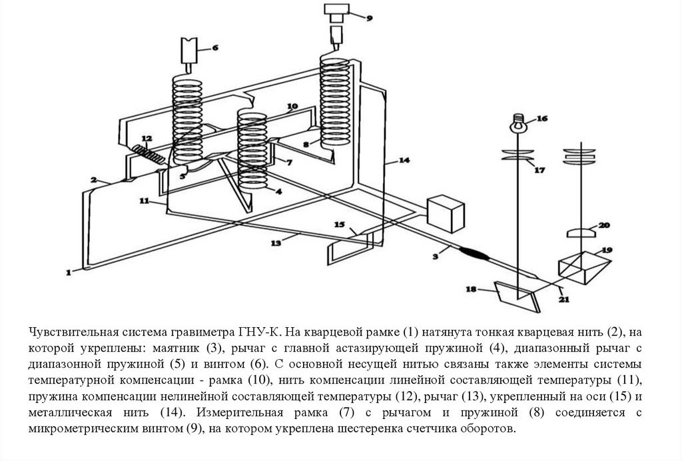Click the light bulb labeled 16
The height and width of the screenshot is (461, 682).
[x=517, y=122]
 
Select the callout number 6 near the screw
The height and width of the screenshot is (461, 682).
[x=214, y=47]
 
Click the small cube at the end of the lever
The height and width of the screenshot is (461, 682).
[x=446, y=213]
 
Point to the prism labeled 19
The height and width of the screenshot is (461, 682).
[x=583, y=265]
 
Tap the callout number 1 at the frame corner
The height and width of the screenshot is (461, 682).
[x=68, y=271]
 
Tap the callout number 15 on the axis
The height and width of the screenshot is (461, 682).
[x=340, y=225]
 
